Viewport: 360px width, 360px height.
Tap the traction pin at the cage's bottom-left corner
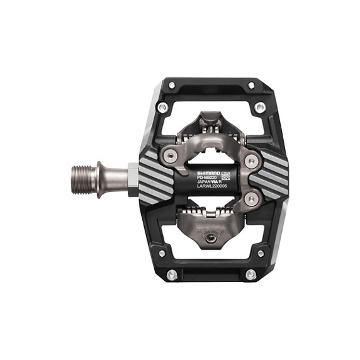[x=162, y=254]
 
